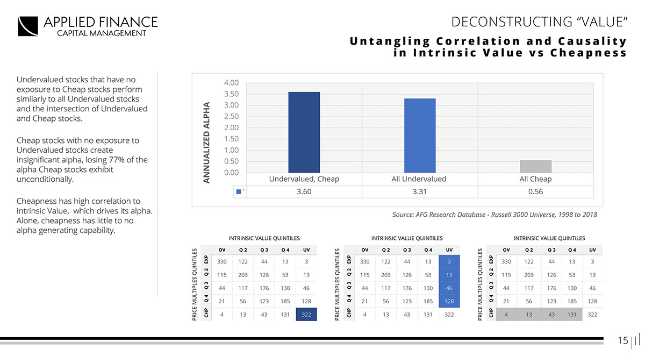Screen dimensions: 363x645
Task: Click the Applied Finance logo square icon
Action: (x=28, y=26)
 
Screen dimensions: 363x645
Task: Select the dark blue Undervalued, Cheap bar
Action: (x=304, y=132)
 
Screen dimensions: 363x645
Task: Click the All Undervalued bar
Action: (x=420, y=136)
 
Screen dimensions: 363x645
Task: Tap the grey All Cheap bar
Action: (x=535, y=166)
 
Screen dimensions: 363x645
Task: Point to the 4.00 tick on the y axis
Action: (x=231, y=83)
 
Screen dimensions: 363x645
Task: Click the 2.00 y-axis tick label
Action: (x=231, y=127)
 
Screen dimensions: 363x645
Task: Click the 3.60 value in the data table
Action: (x=304, y=191)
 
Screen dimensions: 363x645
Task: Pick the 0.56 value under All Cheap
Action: (x=535, y=191)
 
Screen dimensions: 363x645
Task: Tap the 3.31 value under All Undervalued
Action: (x=420, y=191)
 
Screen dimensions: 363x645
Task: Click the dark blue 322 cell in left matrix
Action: (x=306, y=314)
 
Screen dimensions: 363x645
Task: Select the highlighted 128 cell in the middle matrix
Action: (x=449, y=301)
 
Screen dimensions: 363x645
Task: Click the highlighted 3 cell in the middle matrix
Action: (x=449, y=261)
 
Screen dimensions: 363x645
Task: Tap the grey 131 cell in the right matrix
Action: (x=571, y=314)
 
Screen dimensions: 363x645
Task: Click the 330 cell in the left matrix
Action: (x=221, y=261)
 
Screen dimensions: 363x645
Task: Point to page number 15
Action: (x=622, y=340)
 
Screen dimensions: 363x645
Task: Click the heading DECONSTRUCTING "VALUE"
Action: (x=539, y=22)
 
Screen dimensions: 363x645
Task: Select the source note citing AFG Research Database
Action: (x=494, y=215)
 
